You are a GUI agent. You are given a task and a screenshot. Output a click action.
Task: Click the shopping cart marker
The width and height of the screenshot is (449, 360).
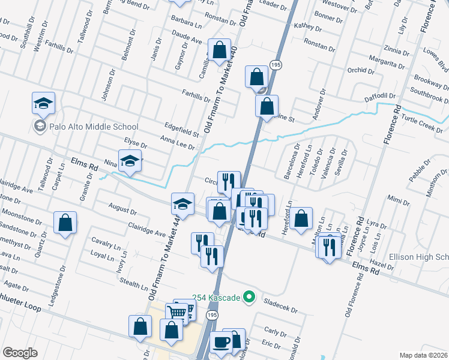tap(177, 312)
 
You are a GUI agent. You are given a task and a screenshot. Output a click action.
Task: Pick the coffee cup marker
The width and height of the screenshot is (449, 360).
tap(221, 343)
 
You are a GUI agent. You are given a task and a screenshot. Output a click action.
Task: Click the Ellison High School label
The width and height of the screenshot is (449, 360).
tap(419, 257)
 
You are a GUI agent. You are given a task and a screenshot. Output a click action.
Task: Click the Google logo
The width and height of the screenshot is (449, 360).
tap(20, 352)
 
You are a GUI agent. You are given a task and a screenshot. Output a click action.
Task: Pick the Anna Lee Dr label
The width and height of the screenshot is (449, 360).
tap(178, 143)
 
